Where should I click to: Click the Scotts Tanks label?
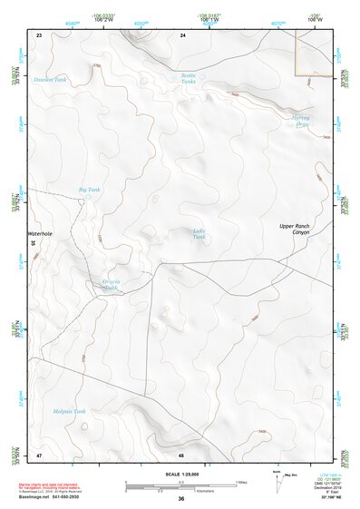pyautogui.click(x=188, y=79)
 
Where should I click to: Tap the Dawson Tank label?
pyautogui.click(x=51, y=79)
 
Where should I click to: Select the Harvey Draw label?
pyautogui.click(x=300, y=121)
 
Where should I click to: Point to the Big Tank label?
pyautogui.click(x=89, y=190)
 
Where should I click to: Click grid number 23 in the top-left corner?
pyautogui.click(x=39, y=34)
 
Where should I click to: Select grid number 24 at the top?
pyautogui.click(x=182, y=34)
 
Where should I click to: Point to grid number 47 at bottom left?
pyautogui.click(x=39, y=454)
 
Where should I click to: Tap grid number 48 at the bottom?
pyautogui.click(x=182, y=454)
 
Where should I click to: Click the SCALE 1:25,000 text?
pyautogui.click(x=180, y=475)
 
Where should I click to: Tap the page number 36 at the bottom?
pyautogui.click(x=181, y=499)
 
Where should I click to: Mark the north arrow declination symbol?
pyautogui.click(x=278, y=482)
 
